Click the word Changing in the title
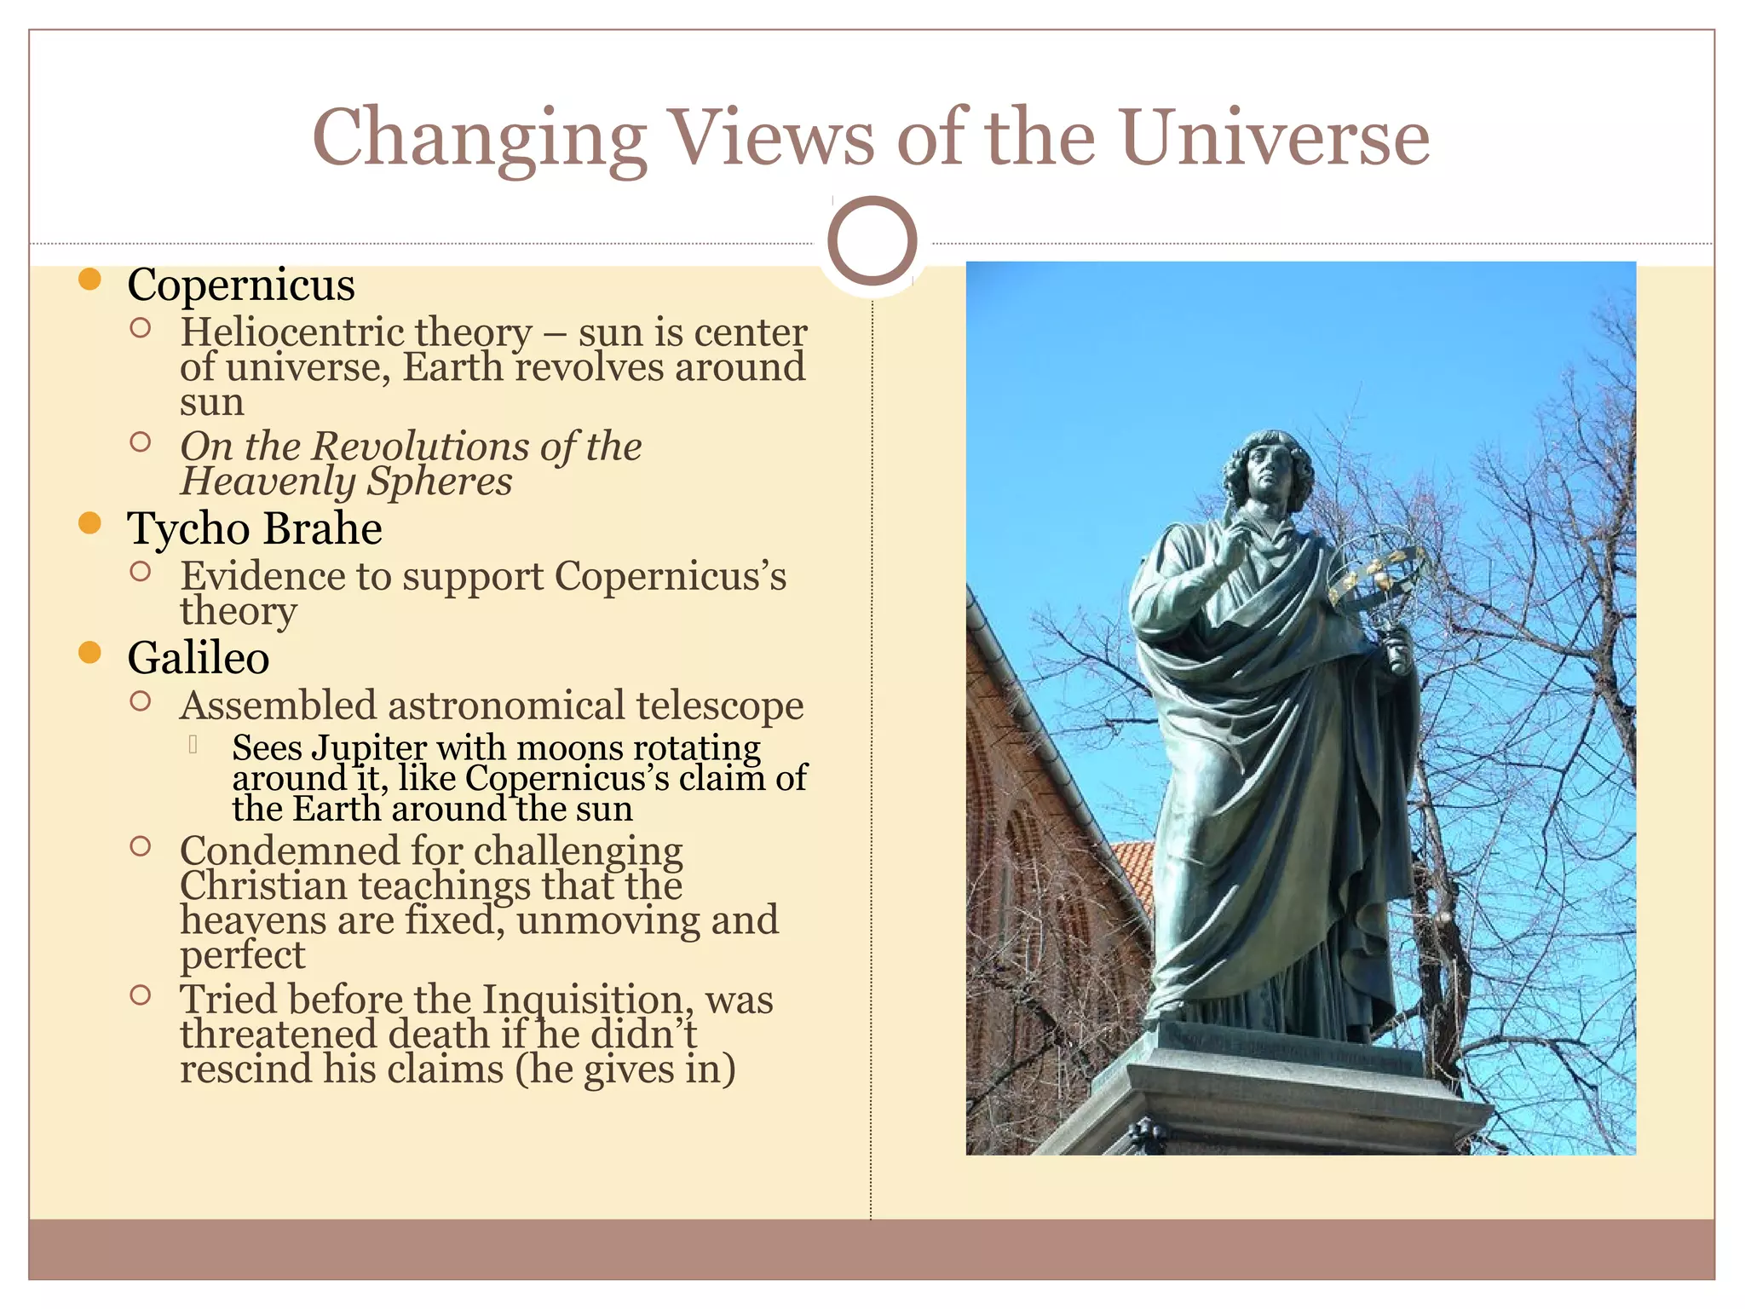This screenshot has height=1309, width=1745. pyautogui.click(x=480, y=140)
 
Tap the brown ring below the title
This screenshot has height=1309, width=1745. pyautogui.click(x=872, y=241)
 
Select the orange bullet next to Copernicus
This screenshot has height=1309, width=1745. pyautogui.click(x=89, y=280)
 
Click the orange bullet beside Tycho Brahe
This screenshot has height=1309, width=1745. pyautogui.click(x=89, y=523)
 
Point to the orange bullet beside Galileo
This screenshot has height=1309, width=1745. pyautogui.click(x=89, y=653)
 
